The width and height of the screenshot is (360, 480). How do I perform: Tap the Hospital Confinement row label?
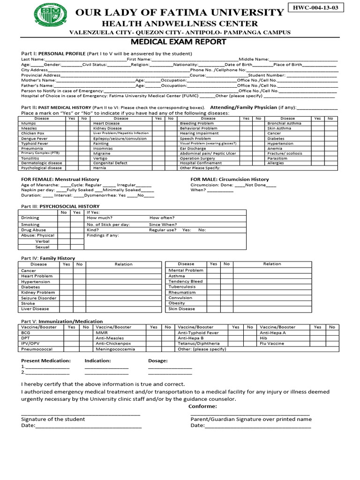pos(198,163)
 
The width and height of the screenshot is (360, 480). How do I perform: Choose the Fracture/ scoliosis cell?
pos(285,153)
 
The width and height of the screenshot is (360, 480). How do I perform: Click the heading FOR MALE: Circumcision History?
pos(230,179)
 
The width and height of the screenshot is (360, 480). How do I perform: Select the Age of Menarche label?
pos(39,185)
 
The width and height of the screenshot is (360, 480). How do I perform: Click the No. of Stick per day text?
pos(108,225)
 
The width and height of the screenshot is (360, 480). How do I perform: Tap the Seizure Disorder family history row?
pos(39,298)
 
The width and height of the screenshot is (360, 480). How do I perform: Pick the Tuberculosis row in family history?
pos(182,286)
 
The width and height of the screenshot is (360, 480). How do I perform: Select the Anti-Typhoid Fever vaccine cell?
pos(198,332)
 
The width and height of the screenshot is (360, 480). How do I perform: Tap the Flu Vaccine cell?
pos(272,343)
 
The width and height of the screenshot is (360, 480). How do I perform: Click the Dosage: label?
pos(157,361)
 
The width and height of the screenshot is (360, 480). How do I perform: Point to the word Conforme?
pos(202,406)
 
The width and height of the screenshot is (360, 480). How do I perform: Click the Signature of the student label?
pos(53,419)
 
